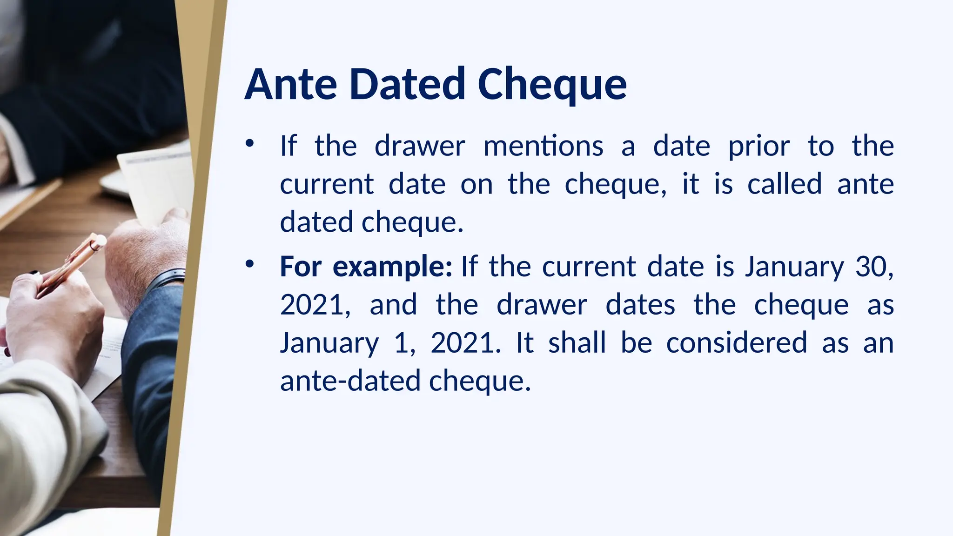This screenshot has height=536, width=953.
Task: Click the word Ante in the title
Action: [x=291, y=84]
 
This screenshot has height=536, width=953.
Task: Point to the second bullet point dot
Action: [x=250, y=264]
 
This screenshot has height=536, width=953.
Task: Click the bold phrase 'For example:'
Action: [x=366, y=267]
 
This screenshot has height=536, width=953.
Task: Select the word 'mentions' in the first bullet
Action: [x=544, y=146]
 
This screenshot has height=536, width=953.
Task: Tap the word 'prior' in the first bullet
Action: [x=758, y=146]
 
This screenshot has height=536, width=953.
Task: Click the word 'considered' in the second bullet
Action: [x=737, y=343]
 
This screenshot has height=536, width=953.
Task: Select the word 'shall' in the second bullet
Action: [x=577, y=343]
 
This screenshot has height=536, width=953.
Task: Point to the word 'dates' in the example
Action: [x=640, y=305]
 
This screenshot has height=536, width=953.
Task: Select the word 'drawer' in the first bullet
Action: [x=420, y=146]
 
